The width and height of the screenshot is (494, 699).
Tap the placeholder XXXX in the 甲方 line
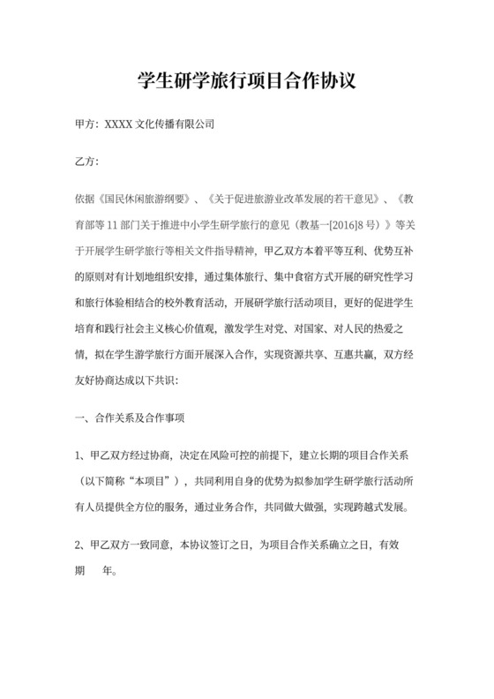click(x=117, y=125)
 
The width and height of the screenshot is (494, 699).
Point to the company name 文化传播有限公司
click(x=173, y=125)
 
